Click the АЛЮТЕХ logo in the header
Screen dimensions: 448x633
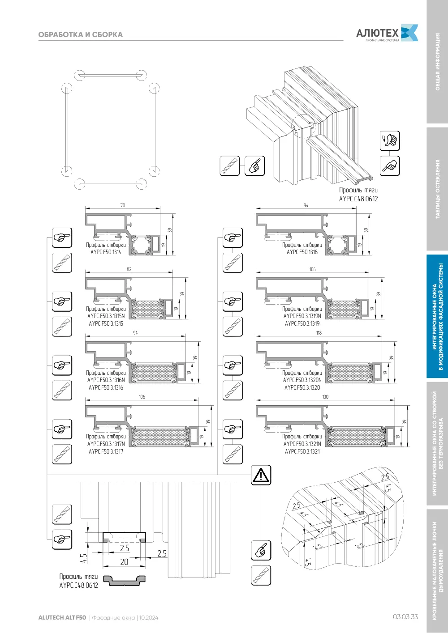click(387, 33)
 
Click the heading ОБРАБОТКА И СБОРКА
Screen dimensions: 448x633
click(80, 35)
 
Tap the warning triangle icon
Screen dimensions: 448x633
click(261, 475)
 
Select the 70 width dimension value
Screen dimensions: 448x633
click(123, 205)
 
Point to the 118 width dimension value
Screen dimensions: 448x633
click(319, 333)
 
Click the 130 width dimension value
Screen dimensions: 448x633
click(325, 397)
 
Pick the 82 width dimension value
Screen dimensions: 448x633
click(129, 269)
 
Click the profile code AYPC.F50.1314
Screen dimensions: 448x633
click(106, 252)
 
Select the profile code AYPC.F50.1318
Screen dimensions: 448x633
click(302, 252)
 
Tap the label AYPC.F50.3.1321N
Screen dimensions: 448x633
click(302, 444)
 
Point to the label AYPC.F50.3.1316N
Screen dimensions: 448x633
click(106, 380)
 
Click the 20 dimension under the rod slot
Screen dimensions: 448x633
click(124, 562)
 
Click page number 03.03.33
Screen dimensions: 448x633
click(405, 617)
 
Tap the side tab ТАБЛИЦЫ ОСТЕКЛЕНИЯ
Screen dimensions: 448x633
click(438, 189)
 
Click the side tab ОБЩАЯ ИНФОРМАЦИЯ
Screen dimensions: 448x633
click(438, 62)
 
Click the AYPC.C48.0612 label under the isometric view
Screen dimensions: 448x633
click(358, 199)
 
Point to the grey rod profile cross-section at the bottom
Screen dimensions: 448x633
click(124, 581)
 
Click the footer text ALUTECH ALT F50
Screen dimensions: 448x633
click(62, 618)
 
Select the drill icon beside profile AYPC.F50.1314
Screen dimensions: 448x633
click(62, 263)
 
